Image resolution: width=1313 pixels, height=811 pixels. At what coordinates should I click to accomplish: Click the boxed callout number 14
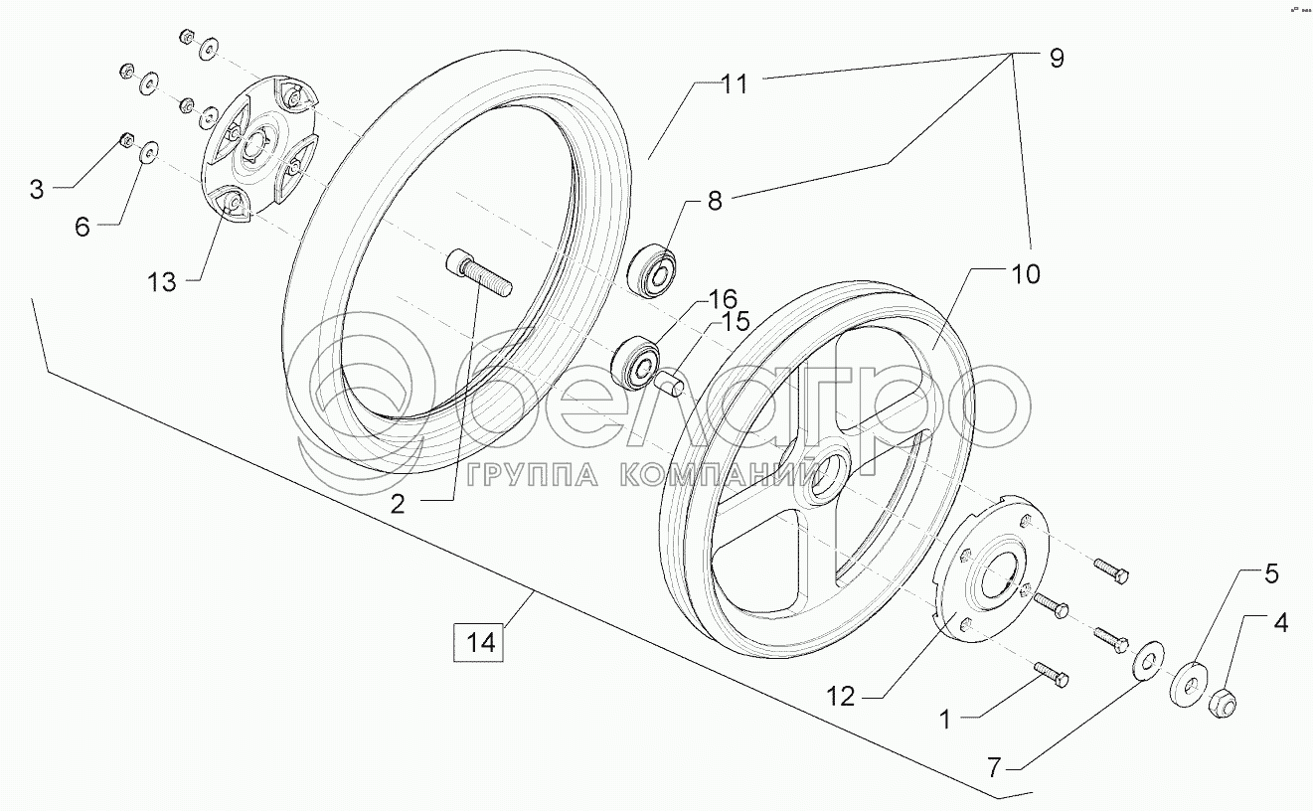coord(479,641)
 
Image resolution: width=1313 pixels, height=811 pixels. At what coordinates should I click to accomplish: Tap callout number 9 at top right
coord(1055,59)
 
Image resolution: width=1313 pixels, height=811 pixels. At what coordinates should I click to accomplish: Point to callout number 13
coord(161,282)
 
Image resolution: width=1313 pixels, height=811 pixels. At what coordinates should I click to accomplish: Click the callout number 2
coord(398,504)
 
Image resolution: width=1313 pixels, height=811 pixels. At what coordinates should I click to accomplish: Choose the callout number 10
coord(1025,273)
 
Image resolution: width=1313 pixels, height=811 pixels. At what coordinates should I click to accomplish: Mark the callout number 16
coord(723,299)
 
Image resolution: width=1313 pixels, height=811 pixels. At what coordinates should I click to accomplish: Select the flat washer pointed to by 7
coord(1148,659)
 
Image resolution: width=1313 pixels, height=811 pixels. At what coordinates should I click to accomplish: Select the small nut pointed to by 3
coord(126,139)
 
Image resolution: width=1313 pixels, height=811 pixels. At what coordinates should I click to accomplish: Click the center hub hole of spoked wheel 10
coord(827,472)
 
